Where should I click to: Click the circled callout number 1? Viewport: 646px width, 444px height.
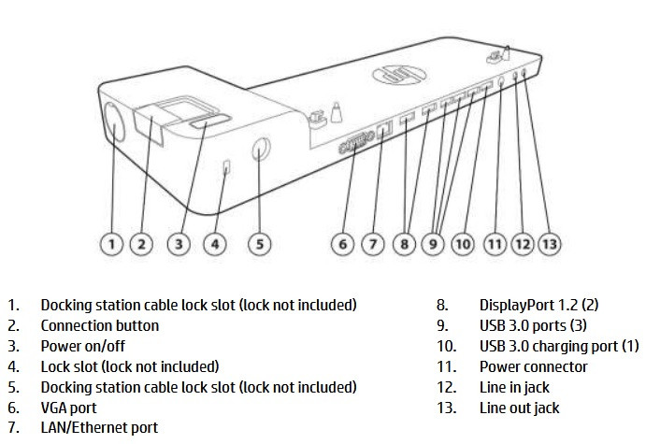pyautogui.click(x=111, y=244)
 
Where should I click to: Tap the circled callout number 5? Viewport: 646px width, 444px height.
pyautogui.click(x=259, y=244)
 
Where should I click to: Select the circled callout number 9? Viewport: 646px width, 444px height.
pyautogui.click(x=434, y=244)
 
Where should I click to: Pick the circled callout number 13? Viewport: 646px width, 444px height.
pyautogui.click(x=550, y=243)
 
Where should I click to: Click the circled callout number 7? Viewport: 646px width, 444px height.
pyautogui.click(x=373, y=244)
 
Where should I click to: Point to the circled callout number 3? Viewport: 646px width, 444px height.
pyautogui.click(x=179, y=244)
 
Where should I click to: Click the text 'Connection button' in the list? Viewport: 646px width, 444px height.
pyautogui.click(x=99, y=325)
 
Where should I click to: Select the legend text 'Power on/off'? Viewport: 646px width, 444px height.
pyautogui.click(x=82, y=346)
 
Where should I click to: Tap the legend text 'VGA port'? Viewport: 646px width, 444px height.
pyautogui.click(x=68, y=408)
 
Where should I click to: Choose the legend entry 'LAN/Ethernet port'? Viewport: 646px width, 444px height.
pyautogui.click(x=99, y=428)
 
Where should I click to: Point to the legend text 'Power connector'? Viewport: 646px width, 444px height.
pyautogui.click(x=534, y=366)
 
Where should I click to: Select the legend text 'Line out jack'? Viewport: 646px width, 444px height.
pyautogui.click(x=520, y=408)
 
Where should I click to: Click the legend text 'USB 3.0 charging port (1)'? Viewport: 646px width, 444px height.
pyautogui.click(x=559, y=346)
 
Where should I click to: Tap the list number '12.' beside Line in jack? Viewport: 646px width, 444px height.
pyautogui.click(x=447, y=387)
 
